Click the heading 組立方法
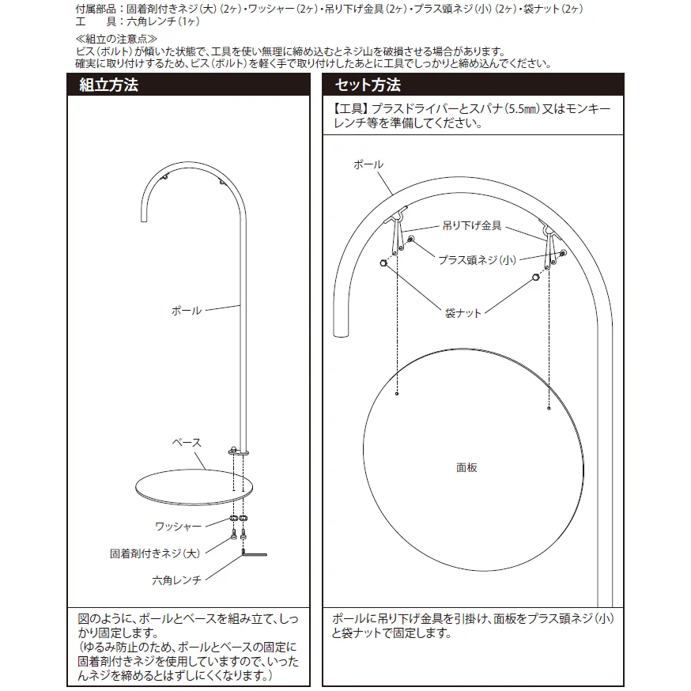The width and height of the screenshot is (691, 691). point(109,85)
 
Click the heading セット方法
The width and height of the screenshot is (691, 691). point(368,85)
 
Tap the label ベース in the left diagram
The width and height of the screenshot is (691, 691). point(187,443)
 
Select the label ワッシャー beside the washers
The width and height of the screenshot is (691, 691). point(178,527)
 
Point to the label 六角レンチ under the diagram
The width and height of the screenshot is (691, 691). point(177,580)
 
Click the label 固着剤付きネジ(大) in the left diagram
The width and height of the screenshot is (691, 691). point(155,553)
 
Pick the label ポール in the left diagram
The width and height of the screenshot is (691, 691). point(187,311)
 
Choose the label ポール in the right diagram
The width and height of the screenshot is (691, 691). point(368,164)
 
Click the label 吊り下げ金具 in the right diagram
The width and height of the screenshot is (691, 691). point(472,226)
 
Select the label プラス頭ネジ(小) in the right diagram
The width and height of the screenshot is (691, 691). point(477,260)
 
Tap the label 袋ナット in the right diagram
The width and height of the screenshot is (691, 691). point(463,313)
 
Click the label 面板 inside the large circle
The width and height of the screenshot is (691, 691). point(466,467)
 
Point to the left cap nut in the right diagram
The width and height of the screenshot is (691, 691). point(383,263)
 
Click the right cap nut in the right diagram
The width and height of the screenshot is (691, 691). point(535,278)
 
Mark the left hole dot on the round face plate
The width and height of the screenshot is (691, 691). point(397,394)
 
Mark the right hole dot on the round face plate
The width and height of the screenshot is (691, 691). point(549,409)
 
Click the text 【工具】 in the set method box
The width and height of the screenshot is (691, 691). point(351,109)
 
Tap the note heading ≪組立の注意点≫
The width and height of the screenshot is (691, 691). point(116,39)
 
